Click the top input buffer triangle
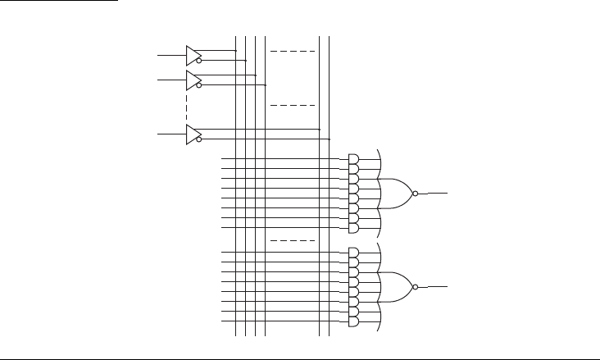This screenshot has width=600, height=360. pos(192,55)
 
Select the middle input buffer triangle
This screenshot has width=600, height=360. pos(192,80)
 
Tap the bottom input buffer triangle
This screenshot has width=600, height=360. pos(192,134)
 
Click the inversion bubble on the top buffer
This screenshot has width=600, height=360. pos(199,60)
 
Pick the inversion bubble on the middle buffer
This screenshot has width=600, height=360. pos(199,84)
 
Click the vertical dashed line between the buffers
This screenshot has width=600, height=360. pos(188,107)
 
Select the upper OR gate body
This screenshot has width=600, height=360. pos(398,194)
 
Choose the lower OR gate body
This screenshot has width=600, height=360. pos(398,287)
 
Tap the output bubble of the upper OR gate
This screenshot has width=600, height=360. pos(416,194)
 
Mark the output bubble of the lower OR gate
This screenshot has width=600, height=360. pos(416,287)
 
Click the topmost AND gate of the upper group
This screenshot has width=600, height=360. pos(353,158)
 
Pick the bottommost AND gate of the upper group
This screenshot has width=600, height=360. pos(353,227)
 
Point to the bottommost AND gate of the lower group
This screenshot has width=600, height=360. pos(353,321)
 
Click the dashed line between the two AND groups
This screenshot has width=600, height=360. pos(293,240)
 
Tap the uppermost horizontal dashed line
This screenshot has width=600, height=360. pos(293,51)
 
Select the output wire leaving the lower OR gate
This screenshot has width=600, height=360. pos(434,287)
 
